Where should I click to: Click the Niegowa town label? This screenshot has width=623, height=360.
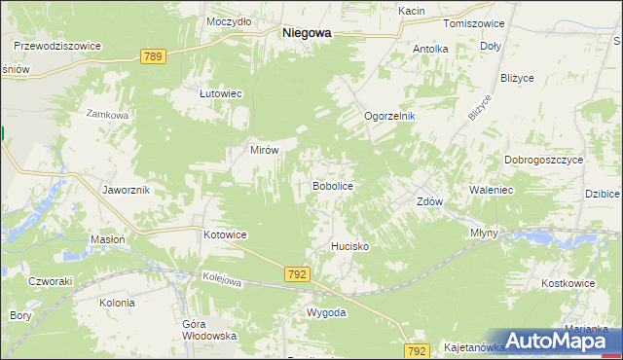306,32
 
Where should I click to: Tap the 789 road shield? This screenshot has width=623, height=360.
151,57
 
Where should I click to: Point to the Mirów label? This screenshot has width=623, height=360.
266,151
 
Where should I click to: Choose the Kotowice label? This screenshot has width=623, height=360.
225,235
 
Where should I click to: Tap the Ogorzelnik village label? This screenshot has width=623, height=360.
389,116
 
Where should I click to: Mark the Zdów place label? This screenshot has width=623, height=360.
430,202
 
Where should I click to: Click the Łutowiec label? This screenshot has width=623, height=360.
220,93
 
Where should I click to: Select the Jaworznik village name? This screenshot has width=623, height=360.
126,190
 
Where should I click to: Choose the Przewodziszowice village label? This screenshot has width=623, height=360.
57,45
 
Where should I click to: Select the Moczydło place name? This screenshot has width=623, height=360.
230,20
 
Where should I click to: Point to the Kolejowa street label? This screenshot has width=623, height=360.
222,281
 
